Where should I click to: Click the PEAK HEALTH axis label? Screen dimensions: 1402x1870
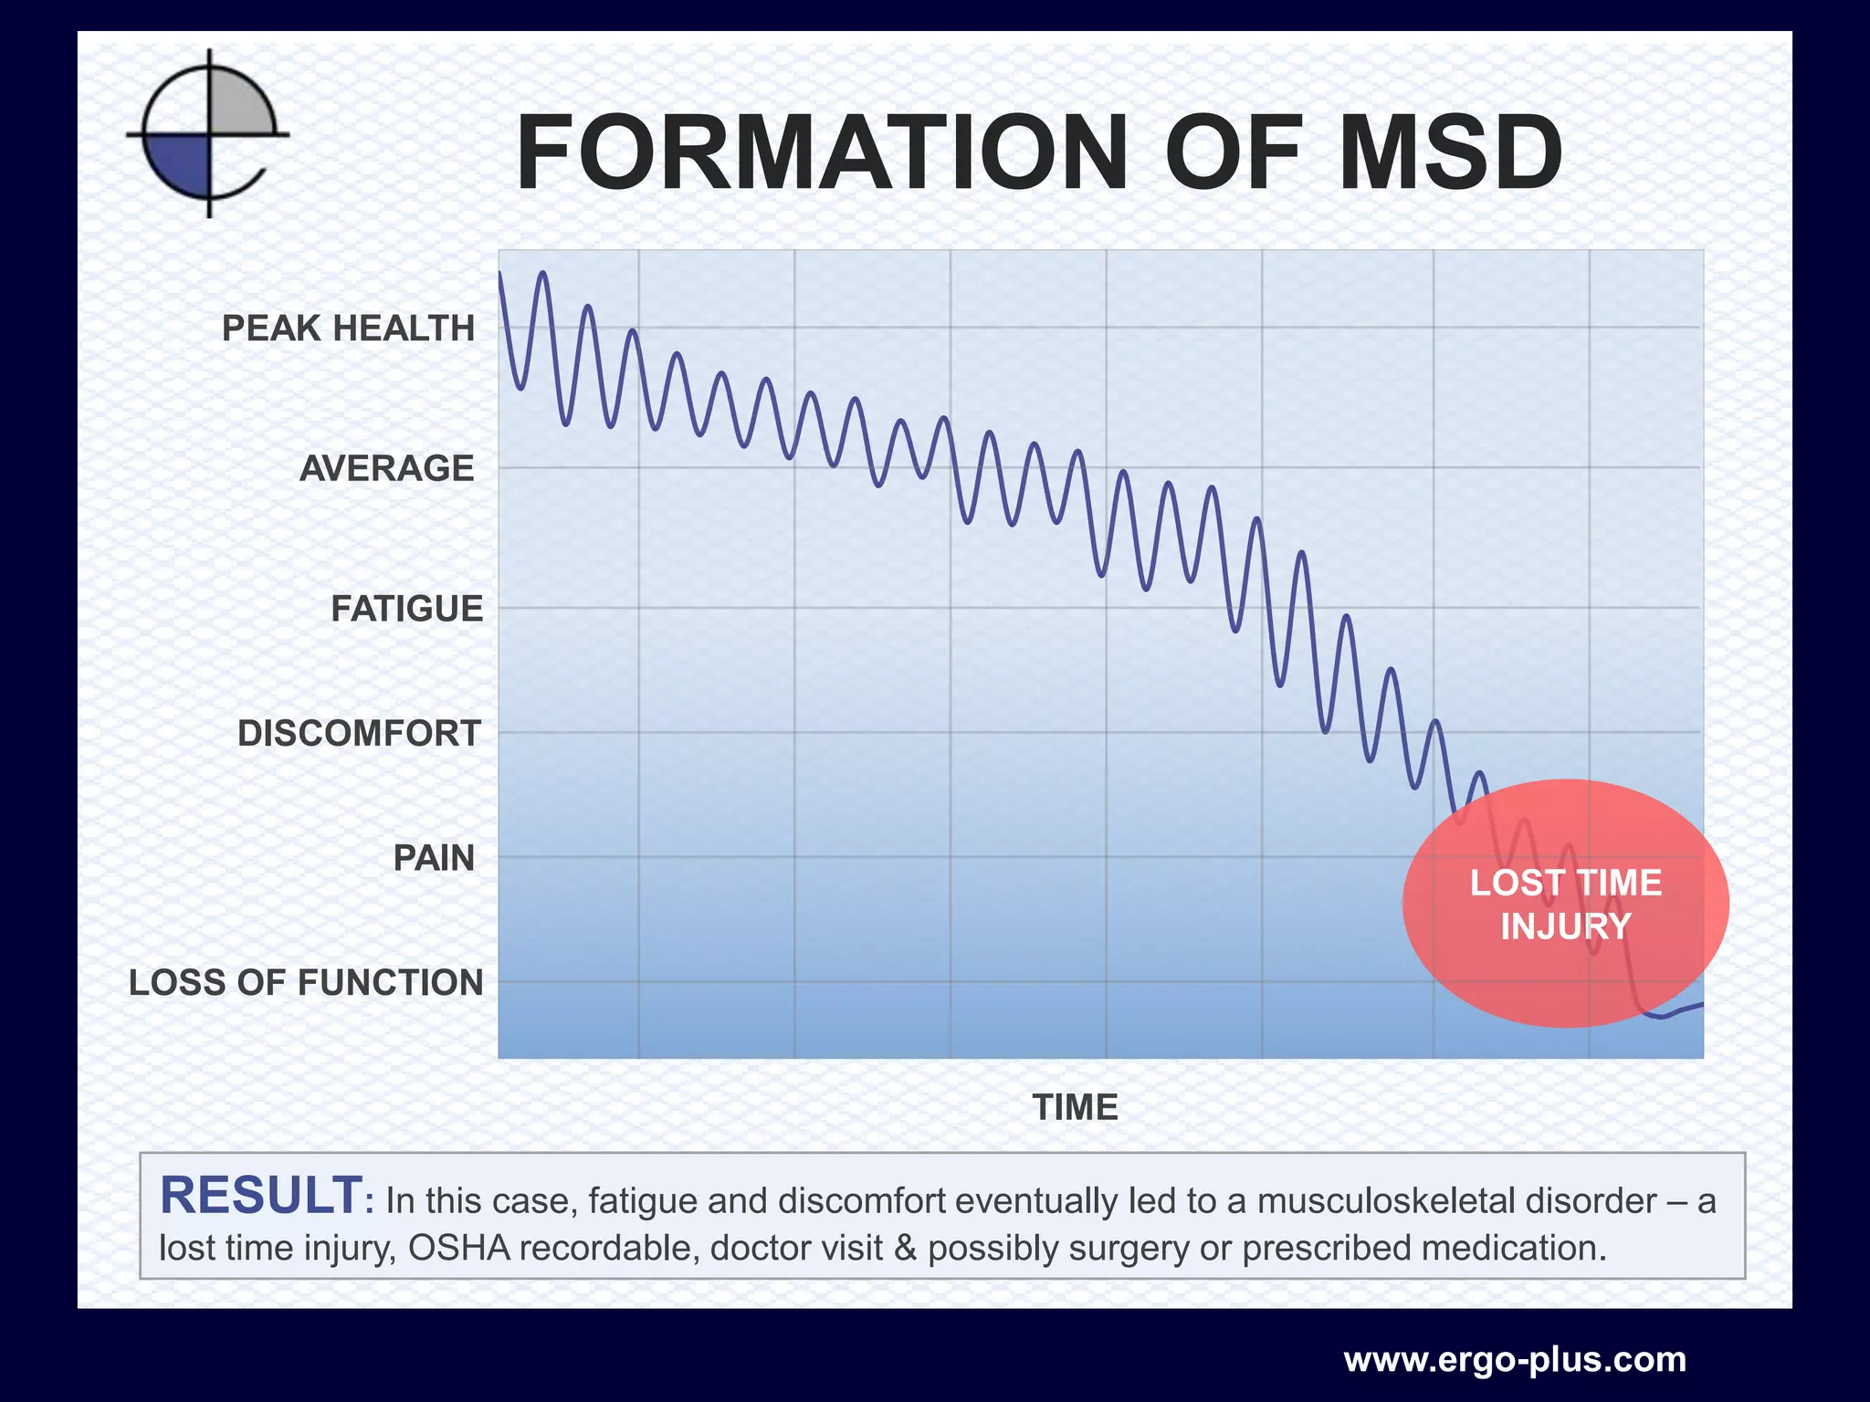348,329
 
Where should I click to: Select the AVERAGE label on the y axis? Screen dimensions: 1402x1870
387,468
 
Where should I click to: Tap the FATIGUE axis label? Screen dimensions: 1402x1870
406,609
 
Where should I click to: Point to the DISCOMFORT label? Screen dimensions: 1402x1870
359,734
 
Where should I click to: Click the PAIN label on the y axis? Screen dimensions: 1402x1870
434,858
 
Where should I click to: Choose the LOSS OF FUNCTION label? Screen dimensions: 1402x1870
306,983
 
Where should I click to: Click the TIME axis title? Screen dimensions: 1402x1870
1075,1107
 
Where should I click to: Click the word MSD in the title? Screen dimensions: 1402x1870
1450,153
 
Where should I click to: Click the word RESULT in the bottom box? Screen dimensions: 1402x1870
262,1197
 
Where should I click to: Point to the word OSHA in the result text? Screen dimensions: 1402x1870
459,1248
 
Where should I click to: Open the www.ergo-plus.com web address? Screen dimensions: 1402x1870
1515,1360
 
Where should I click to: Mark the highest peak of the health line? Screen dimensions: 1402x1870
543,272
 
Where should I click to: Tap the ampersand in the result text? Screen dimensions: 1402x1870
905,1248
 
